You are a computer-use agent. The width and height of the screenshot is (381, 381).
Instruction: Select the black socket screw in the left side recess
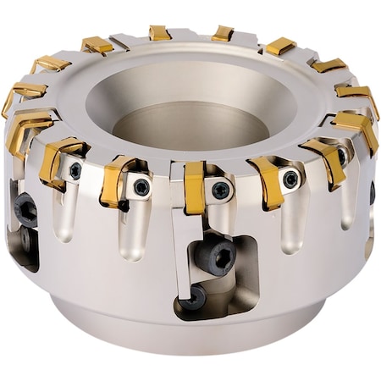(25, 208)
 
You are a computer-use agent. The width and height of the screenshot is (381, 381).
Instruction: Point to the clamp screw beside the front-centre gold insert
(221, 190)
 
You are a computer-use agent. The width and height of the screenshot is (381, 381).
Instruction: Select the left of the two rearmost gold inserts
(159, 33)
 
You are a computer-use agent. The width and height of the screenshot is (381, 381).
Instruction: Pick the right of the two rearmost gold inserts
(222, 34)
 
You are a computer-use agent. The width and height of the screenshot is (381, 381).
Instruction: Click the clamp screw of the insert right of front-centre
(290, 179)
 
